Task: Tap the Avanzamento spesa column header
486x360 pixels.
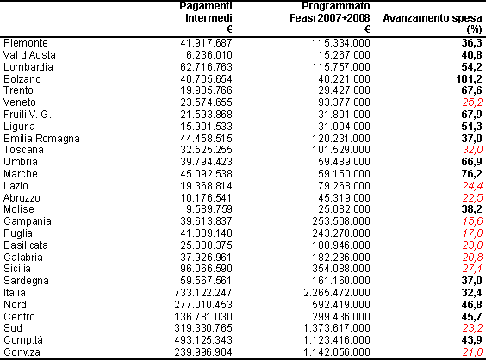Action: [x=433, y=23]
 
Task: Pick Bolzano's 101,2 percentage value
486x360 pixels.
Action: [x=470, y=79]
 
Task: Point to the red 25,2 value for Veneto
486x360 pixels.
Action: [x=472, y=102]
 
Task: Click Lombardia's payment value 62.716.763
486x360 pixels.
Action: [x=206, y=67]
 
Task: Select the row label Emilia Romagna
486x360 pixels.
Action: [x=41, y=139]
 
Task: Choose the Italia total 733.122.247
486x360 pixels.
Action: [x=203, y=293]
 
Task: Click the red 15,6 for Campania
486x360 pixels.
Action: [x=472, y=221]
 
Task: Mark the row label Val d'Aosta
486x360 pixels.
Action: [x=29, y=55]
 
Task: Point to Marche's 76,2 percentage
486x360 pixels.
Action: [x=471, y=174]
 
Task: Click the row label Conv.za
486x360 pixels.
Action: [x=22, y=352]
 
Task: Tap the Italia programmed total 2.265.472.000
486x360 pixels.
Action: [x=337, y=293]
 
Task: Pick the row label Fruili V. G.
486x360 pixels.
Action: [x=28, y=115]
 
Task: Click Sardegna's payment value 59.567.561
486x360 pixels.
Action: [x=206, y=281]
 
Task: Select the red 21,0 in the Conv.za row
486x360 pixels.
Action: [x=472, y=352]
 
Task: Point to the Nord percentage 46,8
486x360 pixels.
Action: [x=471, y=305]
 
